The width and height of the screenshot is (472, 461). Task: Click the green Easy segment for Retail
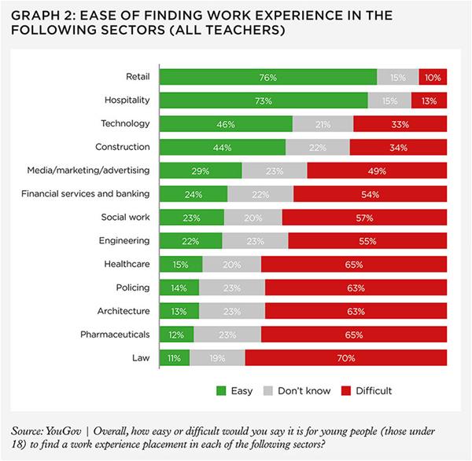tap(267, 77)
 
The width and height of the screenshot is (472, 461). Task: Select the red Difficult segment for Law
tap(346, 358)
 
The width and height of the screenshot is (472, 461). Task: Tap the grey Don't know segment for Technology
tap(323, 124)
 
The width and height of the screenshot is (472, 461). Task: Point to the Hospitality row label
tap(127, 101)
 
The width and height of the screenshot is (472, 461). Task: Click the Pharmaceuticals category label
tap(115, 335)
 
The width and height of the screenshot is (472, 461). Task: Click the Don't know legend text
tap(304, 390)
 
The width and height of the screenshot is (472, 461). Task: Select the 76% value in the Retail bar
tap(268, 77)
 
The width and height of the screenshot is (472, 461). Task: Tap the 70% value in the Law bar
tap(347, 358)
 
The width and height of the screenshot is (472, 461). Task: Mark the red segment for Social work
tap(364, 218)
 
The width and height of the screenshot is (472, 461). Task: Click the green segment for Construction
tap(223, 148)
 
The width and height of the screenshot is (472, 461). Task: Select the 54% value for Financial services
tap(370, 194)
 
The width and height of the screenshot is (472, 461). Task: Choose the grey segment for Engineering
tap(255, 241)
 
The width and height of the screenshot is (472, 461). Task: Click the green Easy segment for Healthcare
tap(181, 265)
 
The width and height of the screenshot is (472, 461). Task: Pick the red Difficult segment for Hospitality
tap(429, 101)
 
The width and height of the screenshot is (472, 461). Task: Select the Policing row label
tap(132, 287)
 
